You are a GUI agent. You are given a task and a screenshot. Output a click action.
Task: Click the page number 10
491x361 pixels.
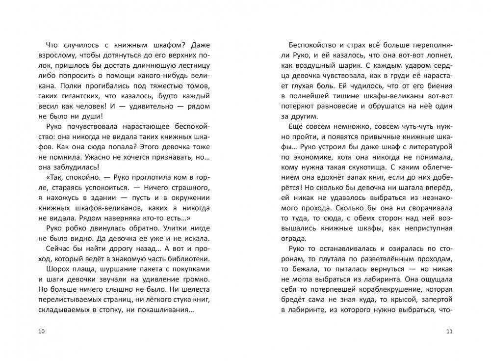click(41, 332)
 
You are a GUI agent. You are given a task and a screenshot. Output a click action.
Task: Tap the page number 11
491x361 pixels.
click(449, 332)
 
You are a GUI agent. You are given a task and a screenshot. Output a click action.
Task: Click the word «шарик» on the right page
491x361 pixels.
click(363, 65)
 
